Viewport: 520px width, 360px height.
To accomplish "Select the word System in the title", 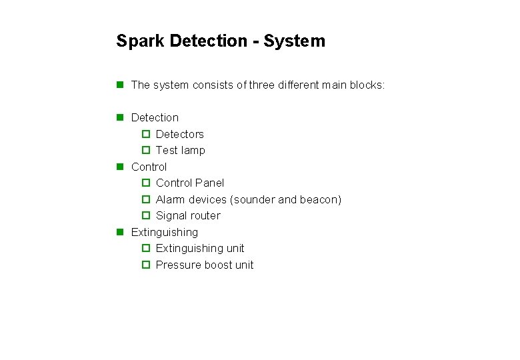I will pyautogui.click(x=294, y=41).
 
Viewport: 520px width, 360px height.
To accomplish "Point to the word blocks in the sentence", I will pyautogui.click(x=367, y=85).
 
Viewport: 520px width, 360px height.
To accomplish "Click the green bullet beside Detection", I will pyautogui.click(x=120, y=117).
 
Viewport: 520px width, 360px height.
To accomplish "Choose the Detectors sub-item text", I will pyautogui.click(x=179, y=134).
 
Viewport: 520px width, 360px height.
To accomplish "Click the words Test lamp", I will pyautogui.click(x=180, y=151).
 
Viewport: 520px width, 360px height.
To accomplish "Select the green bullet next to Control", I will pyautogui.click(x=120, y=167).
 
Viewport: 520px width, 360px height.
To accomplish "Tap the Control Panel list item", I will pyautogui.click(x=189, y=183).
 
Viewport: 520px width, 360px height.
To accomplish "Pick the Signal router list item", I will pyautogui.click(x=187, y=215).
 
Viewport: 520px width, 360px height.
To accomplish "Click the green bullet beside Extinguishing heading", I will pyautogui.click(x=120, y=232).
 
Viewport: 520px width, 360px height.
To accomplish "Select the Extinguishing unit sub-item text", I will pyautogui.click(x=200, y=248).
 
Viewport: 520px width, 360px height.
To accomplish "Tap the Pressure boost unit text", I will pyautogui.click(x=205, y=265).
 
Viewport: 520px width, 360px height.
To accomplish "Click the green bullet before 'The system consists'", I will pyautogui.click(x=120, y=85).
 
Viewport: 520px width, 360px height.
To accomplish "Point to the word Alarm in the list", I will pyautogui.click(x=170, y=199).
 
